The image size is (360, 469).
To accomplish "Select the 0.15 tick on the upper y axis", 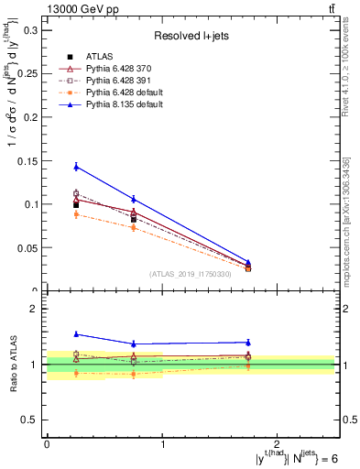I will (x=27, y=161).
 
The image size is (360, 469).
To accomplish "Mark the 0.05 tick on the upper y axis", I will (x=27, y=248).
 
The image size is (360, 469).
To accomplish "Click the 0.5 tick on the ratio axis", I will (x=30, y=420).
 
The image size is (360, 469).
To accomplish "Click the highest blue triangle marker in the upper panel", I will (x=76, y=167).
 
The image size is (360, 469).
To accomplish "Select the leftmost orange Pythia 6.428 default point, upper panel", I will (x=76, y=214).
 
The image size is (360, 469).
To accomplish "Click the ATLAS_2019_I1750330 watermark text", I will (x=191, y=273).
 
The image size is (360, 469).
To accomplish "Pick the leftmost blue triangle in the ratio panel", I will (x=76, y=334).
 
